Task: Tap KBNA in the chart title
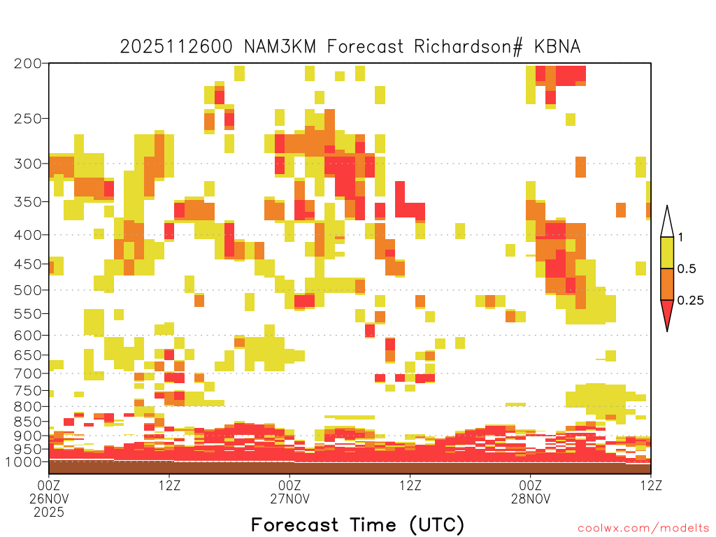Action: click(x=557, y=47)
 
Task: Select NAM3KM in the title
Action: click(x=280, y=47)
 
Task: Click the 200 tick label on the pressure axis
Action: click(x=27, y=64)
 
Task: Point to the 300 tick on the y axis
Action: click(x=27, y=164)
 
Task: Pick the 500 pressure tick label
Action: click(x=27, y=290)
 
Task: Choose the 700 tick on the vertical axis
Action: click(x=27, y=373)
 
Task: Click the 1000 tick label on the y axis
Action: click(x=23, y=461)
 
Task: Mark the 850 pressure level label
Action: click(x=27, y=422)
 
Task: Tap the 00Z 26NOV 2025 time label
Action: click(x=49, y=499)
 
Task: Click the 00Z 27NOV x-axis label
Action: click(x=289, y=492)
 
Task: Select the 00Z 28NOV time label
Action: click(x=531, y=492)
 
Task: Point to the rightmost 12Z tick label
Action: click(x=651, y=485)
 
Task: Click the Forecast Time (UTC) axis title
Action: click(x=357, y=524)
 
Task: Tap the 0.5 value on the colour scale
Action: click(x=687, y=269)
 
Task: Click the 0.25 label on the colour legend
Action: click(x=690, y=301)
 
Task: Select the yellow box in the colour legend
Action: click(x=667, y=252)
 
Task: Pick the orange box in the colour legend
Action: click(x=667, y=284)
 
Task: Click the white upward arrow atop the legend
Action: click(x=667, y=222)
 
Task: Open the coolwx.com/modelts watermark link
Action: click(x=643, y=529)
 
